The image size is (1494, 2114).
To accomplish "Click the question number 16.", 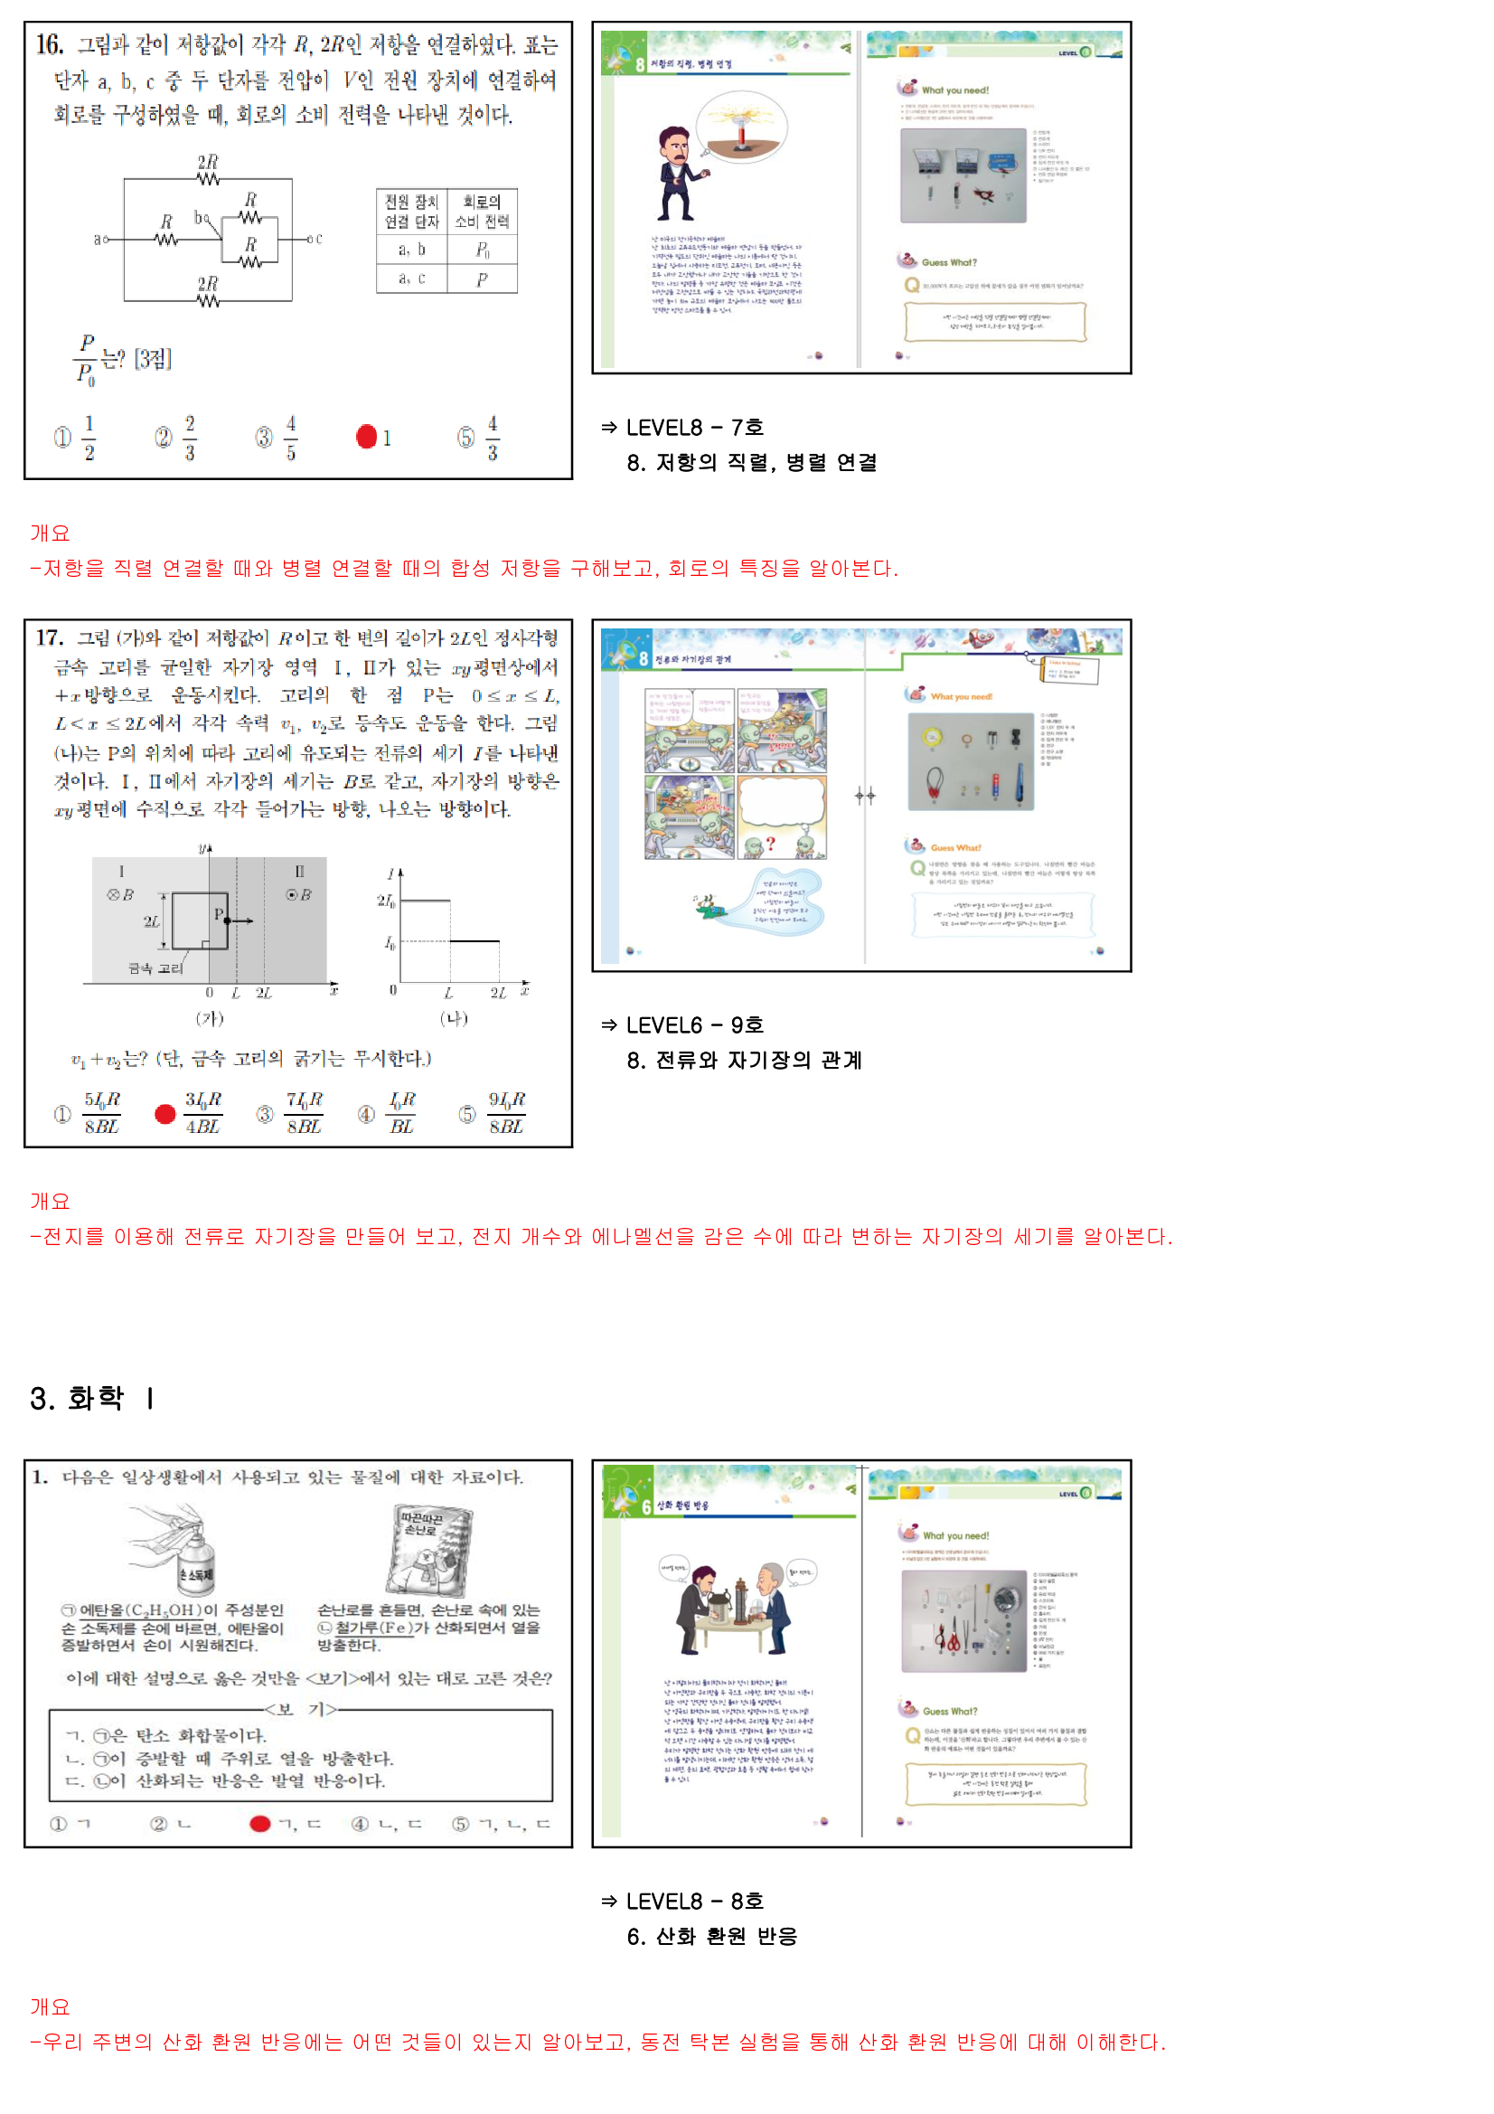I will [49, 44].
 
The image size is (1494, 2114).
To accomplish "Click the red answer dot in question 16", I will [366, 437].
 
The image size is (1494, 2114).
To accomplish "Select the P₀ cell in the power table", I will [483, 250].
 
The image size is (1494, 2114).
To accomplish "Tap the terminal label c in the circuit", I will [318, 239].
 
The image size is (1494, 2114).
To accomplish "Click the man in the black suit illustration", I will [679, 174].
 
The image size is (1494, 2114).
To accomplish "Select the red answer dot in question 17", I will [164, 1114].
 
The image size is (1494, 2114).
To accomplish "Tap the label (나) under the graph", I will [454, 1017].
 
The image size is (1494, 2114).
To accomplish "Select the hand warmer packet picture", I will [429, 1552].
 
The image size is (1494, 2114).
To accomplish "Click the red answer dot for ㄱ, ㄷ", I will [259, 1823].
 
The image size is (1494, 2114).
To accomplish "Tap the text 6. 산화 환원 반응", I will [711, 1936].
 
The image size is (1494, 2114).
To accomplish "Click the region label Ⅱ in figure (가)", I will [299, 870].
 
